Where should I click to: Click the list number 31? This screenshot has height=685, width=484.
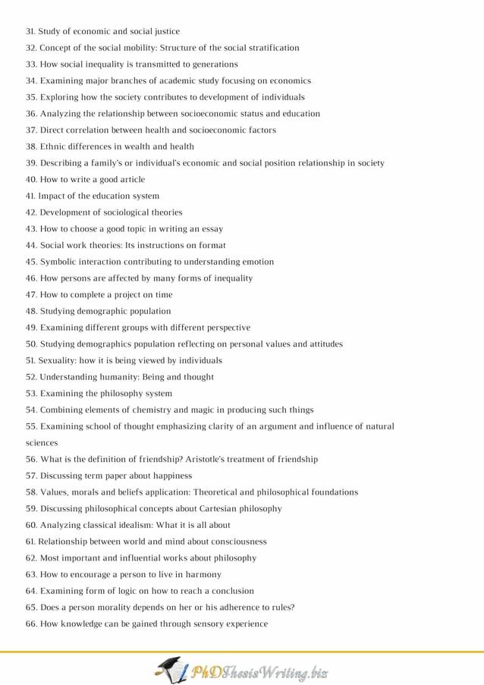(x=30, y=31)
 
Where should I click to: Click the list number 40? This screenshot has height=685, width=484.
(x=31, y=180)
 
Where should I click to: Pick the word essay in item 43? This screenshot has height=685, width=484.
(x=210, y=229)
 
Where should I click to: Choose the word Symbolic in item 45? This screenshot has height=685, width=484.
(x=60, y=262)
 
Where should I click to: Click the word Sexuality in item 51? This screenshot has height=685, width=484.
(x=58, y=360)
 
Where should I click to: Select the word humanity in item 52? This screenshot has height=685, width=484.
(x=115, y=377)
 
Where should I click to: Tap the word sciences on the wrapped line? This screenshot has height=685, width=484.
(x=42, y=443)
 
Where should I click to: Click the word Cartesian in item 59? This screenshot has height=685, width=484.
(x=204, y=508)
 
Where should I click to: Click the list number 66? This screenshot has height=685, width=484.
(x=31, y=624)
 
